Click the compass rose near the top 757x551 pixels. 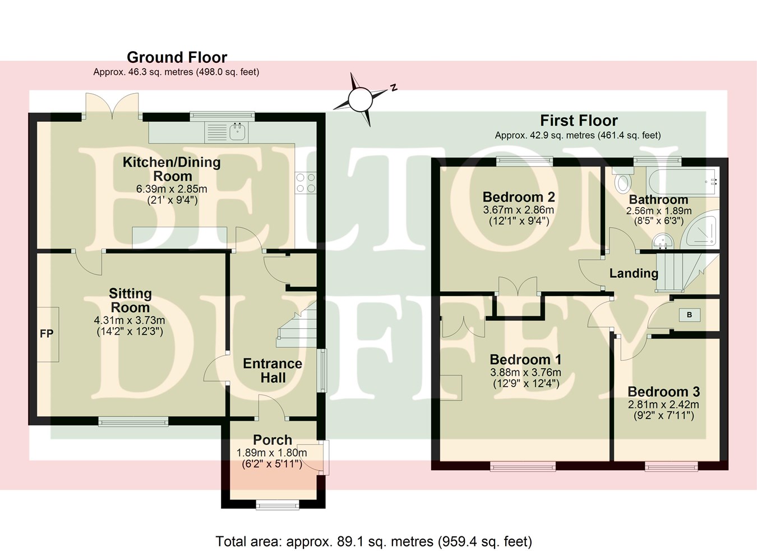click(359, 99)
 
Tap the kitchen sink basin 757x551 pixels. click(238, 132)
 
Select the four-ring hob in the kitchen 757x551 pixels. click(306, 183)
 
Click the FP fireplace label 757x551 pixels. click(47, 334)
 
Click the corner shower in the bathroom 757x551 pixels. click(701, 230)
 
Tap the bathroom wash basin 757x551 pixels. click(665, 241)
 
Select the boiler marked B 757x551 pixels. click(689, 315)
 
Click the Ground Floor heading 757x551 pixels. click(177, 57)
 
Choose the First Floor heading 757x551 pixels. click(579, 121)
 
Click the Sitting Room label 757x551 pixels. click(130, 300)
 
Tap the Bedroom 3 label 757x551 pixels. click(663, 392)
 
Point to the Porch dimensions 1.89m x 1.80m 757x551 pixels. click(271, 453)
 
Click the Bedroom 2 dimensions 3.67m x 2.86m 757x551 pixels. click(518, 210)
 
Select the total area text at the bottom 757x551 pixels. click(373, 541)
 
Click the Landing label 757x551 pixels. click(634, 273)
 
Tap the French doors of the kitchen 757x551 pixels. click(112, 106)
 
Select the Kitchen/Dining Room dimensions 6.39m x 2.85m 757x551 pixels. click(172, 189)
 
